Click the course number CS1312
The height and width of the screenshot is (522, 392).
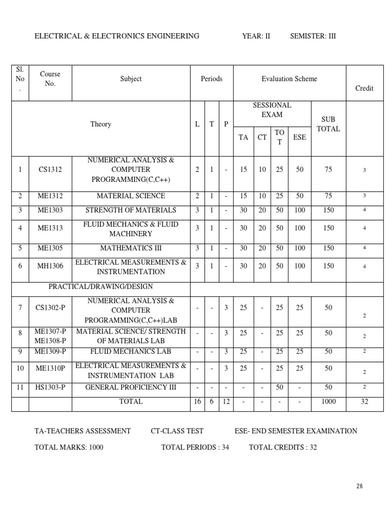click(x=50, y=170)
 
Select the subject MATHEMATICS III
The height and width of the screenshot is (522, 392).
click(x=131, y=248)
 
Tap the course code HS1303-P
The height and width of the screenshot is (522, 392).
click(x=50, y=387)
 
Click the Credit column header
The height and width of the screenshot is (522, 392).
click(x=364, y=88)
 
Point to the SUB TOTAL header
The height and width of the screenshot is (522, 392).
click(x=328, y=124)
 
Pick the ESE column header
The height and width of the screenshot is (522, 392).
click(x=300, y=137)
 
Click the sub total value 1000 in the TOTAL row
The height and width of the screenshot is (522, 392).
click(x=328, y=402)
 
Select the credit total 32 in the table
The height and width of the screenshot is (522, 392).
click(x=364, y=402)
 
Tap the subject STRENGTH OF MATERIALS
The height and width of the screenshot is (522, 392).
click(x=131, y=210)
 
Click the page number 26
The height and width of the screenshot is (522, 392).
click(x=360, y=486)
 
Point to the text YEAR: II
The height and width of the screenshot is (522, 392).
click(x=256, y=36)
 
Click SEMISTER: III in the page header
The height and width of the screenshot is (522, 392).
click(x=313, y=36)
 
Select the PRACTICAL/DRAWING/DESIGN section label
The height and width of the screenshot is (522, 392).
click(x=101, y=286)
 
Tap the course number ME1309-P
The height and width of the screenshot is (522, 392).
click(x=50, y=352)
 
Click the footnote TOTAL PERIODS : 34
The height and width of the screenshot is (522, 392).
click(x=195, y=448)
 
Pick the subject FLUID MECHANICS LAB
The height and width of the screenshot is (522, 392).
click(x=131, y=352)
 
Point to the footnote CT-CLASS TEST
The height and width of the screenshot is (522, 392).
click(x=177, y=431)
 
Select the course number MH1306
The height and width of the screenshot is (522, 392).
click(x=50, y=266)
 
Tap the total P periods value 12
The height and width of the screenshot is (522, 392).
click(x=226, y=402)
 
